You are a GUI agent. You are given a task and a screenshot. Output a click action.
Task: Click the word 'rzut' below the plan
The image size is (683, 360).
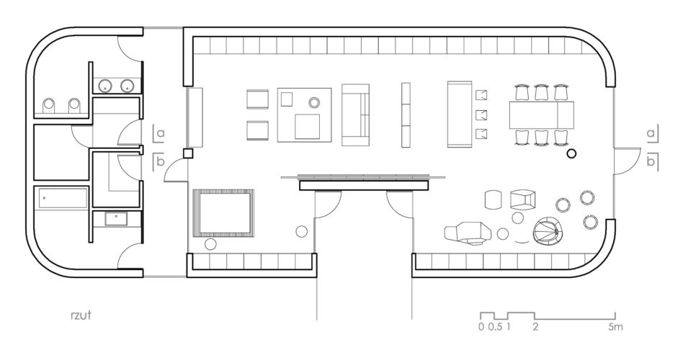tap(81, 315)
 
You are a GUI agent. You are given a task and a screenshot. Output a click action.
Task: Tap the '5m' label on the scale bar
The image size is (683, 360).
tap(615, 327)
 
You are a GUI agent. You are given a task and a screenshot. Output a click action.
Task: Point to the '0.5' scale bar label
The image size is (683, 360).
tap(495, 327)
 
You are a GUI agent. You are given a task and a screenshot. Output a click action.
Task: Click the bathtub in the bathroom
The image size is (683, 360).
tap(63, 199)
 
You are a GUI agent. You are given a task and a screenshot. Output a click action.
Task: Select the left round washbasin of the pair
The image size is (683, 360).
tap(105, 86)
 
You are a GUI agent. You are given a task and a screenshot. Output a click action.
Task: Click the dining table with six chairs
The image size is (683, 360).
tap(542, 115)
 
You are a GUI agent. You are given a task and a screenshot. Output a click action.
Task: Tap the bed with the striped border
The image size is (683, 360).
tap(223, 213)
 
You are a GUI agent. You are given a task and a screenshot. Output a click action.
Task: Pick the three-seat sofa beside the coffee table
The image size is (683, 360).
tap(355, 114)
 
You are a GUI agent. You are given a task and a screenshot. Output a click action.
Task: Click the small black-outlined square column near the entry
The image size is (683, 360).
tap(188, 153)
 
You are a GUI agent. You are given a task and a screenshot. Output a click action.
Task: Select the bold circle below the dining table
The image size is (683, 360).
tap(571, 153)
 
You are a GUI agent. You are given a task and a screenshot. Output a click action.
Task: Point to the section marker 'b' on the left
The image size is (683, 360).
tap(159, 162)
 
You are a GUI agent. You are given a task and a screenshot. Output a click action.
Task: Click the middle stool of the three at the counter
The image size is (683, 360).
tap(482, 115)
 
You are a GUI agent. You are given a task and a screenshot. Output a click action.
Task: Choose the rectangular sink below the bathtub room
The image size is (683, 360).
tap(116, 218)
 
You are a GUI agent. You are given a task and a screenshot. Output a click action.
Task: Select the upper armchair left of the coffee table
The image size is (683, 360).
tap(257, 99)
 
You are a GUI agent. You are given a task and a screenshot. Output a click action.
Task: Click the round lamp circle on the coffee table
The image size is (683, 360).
tap(314, 103)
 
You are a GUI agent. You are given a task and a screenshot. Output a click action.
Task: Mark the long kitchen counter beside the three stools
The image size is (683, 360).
tap(460, 114)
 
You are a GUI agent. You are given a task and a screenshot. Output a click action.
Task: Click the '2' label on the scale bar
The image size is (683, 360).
tap(535, 327)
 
